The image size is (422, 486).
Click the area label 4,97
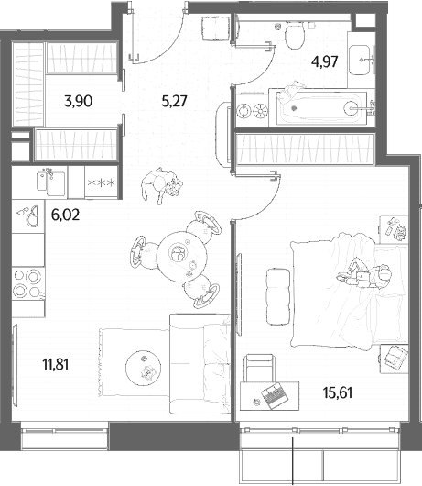point(325,61)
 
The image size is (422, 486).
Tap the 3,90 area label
point(79,102)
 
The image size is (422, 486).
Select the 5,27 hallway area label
point(174,101)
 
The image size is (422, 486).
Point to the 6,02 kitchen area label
point(65,215)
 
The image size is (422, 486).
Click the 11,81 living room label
point(56,364)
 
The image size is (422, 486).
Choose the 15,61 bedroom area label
point(338,392)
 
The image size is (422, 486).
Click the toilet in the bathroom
point(295,35)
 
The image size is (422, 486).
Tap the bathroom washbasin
point(359,60)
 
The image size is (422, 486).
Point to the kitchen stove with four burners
point(27,283)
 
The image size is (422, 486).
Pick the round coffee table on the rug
point(143,368)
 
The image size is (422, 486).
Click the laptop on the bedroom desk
point(275,395)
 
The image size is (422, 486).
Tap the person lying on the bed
point(365,274)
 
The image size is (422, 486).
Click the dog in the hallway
point(162,185)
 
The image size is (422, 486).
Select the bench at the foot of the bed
point(278,296)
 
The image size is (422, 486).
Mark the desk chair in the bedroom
point(260,369)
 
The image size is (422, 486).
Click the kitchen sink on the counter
point(51,183)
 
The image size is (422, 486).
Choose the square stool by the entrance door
point(215,28)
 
